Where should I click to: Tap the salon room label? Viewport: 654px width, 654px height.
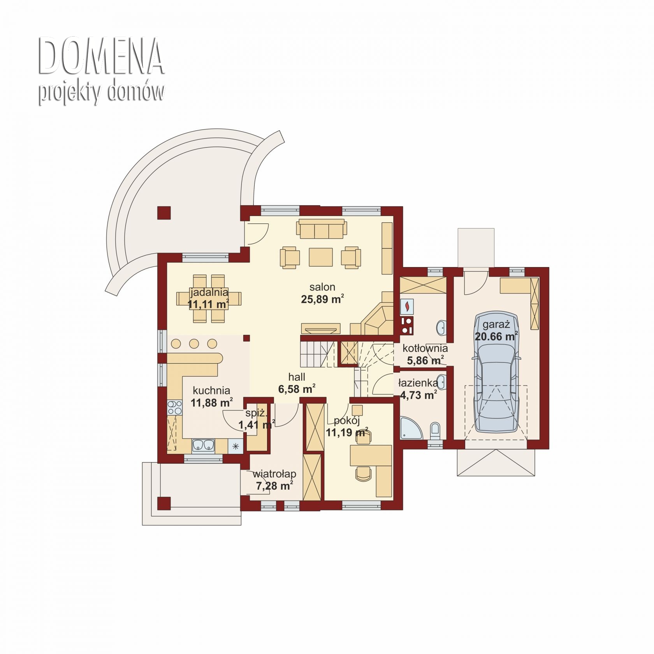(322, 287)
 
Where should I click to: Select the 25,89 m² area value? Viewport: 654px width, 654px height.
(322, 299)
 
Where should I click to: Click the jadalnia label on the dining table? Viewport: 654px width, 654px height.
(209, 292)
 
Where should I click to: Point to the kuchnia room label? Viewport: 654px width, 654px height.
(211, 390)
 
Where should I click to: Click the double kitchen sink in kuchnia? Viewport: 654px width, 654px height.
(203, 445)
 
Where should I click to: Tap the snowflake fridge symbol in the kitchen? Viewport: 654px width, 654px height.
(236, 446)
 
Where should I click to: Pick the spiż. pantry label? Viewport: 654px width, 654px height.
(255, 413)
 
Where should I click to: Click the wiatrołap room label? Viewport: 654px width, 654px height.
(274, 474)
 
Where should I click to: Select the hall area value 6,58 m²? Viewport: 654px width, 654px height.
(297, 389)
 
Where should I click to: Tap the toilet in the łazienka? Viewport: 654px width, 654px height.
(435, 431)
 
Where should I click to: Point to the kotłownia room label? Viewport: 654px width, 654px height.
(425, 348)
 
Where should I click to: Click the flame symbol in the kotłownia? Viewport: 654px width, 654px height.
(407, 306)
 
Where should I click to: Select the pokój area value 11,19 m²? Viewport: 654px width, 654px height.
(347, 432)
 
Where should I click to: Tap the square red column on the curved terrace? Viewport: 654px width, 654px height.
(164, 213)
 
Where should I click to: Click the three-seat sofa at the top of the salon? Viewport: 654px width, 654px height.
(322, 229)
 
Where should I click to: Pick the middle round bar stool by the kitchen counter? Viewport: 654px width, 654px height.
(194, 344)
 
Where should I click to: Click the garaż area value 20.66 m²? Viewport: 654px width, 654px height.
(496, 336)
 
